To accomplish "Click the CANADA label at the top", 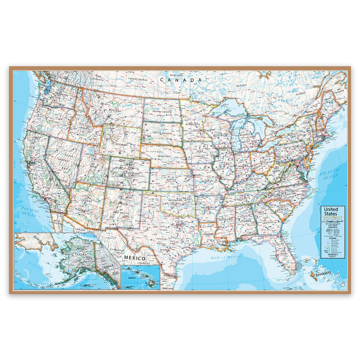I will click(181, 80).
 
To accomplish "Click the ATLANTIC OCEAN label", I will click(329, 173).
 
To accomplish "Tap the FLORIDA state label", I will click(279, 243).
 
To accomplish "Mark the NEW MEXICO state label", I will click(122, 213).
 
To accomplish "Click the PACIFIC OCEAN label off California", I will click(28, 212).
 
